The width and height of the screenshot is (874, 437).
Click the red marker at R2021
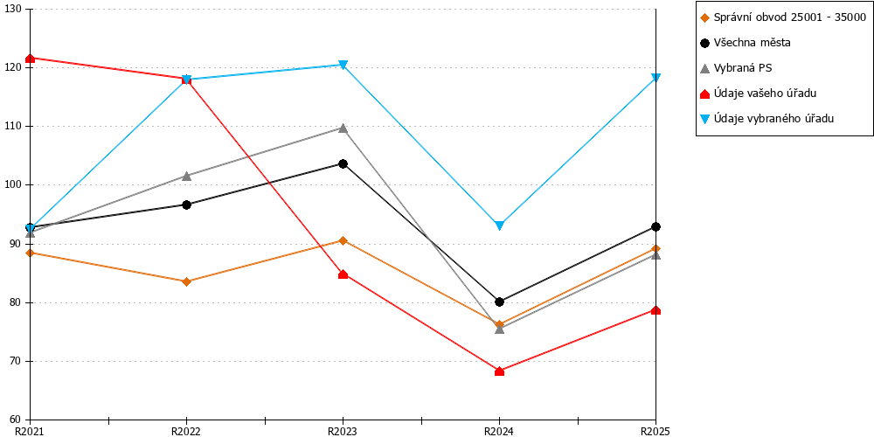[x=30, y=58]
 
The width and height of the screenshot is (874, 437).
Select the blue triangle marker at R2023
[x=343, y=65]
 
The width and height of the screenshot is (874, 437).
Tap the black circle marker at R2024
[x=499, y=302]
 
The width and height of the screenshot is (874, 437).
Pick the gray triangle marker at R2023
[x=343, y=128]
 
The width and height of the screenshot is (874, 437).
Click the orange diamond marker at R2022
[x=187, y=281]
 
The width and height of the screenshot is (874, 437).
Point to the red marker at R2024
[x=499, y=371]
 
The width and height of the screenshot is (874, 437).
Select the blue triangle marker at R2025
[x=656, y=78]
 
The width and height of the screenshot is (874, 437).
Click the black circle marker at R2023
[x=343, y=164]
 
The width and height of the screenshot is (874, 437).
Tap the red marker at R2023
[x=343, y=274]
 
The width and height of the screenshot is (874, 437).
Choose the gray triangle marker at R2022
[x=187, y=177]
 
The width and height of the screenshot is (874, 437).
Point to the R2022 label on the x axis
[x=186, y=431]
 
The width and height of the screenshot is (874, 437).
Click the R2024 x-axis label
[x=499, y=431]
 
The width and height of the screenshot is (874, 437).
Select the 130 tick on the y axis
[x=11, y=9]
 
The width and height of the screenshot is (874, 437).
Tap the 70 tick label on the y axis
[x=14, y=362]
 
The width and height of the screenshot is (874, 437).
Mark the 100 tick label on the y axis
[x=11, y=185]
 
